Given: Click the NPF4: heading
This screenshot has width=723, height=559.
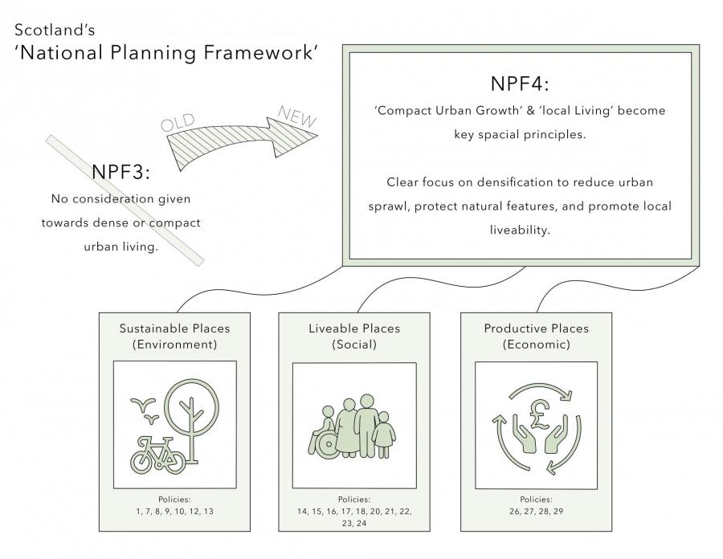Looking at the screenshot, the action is point(520,84).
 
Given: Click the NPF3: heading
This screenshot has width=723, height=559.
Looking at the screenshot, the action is point(120,172).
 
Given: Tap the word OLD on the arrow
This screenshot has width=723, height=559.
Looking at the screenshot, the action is point(178,123).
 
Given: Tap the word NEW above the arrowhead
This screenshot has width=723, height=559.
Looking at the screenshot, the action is point(297,116).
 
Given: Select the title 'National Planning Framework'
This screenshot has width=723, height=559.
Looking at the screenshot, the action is point(166,52).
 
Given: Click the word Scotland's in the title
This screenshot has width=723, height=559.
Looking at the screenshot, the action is point(55,30).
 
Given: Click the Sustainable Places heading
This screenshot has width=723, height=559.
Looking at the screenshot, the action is point(174,328).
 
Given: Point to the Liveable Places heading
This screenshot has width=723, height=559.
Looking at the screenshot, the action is point(354,328).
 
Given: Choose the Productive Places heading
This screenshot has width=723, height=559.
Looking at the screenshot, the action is point(537,328).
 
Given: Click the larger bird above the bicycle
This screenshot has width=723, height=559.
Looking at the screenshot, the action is point(142,404).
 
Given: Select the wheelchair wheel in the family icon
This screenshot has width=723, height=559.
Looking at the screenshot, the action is point(329,445).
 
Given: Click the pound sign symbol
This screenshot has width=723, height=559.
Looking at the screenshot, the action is point(539,414).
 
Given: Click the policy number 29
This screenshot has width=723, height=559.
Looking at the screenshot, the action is point(558,511).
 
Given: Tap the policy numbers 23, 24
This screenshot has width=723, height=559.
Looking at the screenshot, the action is point(354,523).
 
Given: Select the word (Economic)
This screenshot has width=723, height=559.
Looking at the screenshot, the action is point(537,345).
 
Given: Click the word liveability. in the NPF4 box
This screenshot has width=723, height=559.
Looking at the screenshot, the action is point(520,230).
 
